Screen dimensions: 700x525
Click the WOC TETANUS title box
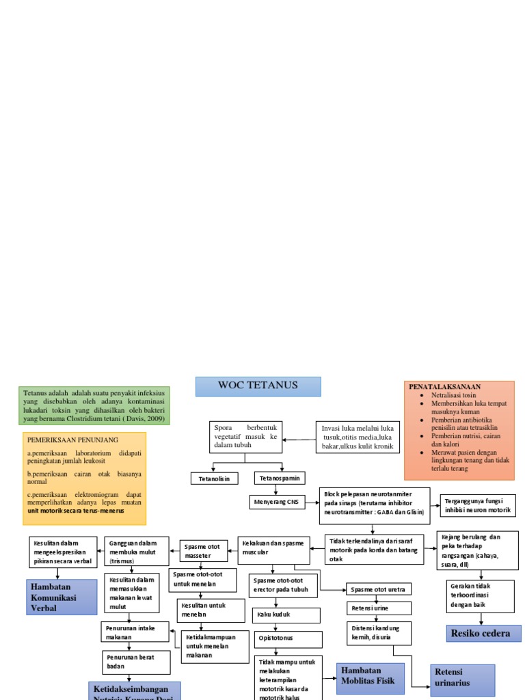[x=258, y=386]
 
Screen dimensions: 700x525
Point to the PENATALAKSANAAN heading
[x=444, y=387]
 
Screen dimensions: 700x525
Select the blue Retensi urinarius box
[x=461, y=677]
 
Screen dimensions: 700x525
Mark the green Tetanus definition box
[x=94, y=405]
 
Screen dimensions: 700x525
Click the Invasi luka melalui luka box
[x=358, y=436]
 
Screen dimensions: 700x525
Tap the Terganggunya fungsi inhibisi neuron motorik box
[x=478, y=505]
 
